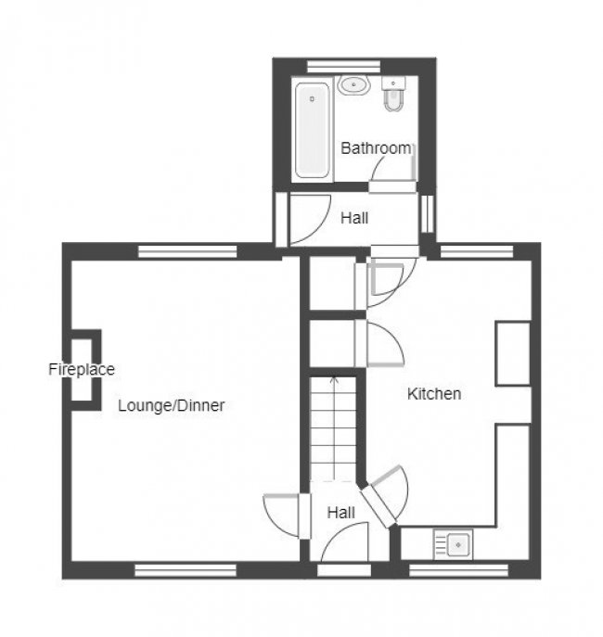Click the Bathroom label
[376, 147]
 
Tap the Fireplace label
[82, 369]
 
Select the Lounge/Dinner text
[172, 405]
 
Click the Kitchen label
[434, 394]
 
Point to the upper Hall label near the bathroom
[354, 219]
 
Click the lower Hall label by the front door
[340, 512]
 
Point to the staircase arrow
[335, 380]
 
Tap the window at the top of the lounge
[187, 250]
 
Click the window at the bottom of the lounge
[186, 570]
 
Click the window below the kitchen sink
[459, 570]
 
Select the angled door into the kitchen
[387, 496]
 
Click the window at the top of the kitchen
[476, 250]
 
